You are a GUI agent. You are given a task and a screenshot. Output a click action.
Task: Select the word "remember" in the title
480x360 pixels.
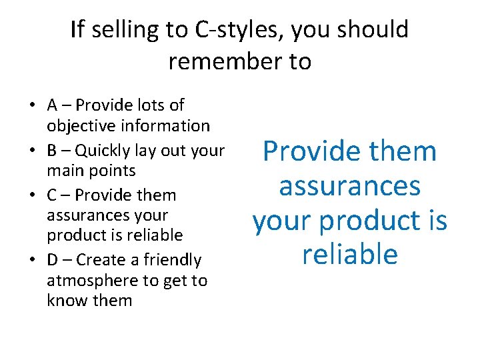point(218,61)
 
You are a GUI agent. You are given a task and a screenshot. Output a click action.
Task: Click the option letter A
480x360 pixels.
point(52,105)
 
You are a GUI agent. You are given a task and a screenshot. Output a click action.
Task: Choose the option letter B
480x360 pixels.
point(52,151)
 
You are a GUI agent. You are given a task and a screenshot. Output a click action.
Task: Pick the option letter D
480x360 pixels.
point(53,260)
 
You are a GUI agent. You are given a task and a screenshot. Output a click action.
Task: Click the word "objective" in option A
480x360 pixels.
point(73,125)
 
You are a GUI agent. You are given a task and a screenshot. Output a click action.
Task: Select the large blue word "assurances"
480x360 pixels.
point(349,186)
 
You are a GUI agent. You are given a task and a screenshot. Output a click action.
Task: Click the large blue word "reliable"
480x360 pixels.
point(349,255)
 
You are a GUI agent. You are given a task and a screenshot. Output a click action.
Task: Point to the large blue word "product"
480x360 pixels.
point(363,221)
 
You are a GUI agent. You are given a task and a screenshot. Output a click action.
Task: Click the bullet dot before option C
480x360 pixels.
point(33,195)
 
